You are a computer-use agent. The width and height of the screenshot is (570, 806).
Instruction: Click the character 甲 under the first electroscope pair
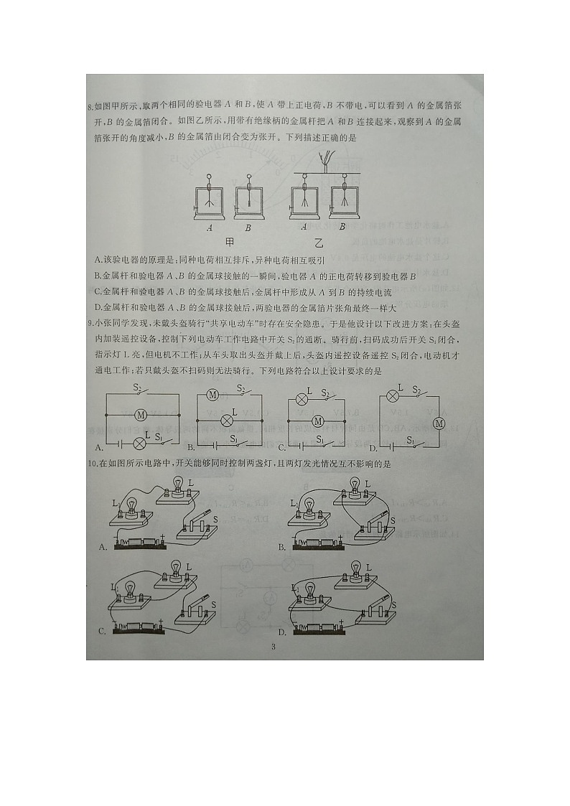(231, 242)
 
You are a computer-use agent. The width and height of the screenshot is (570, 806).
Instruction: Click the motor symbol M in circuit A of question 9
(141, 415)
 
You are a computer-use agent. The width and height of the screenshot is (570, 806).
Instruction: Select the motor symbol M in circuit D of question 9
(439, 423)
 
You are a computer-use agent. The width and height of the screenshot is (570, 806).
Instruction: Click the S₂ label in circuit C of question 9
(325, 393)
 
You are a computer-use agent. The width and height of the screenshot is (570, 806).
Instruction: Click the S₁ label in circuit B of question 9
(233, 439)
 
